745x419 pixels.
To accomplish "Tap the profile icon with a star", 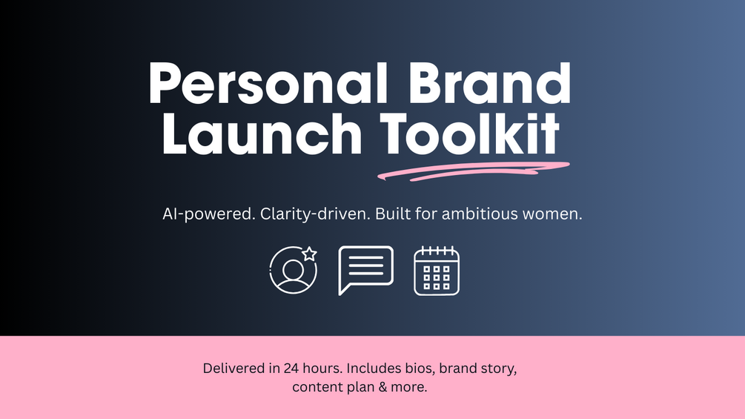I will click(x=293, y=269).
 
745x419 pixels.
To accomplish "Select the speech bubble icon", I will click(x=365, y=269).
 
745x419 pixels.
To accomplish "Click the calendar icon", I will click(x=437, y=271).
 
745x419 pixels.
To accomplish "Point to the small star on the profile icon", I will click(x=309, y=254).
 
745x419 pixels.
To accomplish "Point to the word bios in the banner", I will click(x=417, y=368).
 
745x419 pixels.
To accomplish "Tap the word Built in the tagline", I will click(x=393, y=214).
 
